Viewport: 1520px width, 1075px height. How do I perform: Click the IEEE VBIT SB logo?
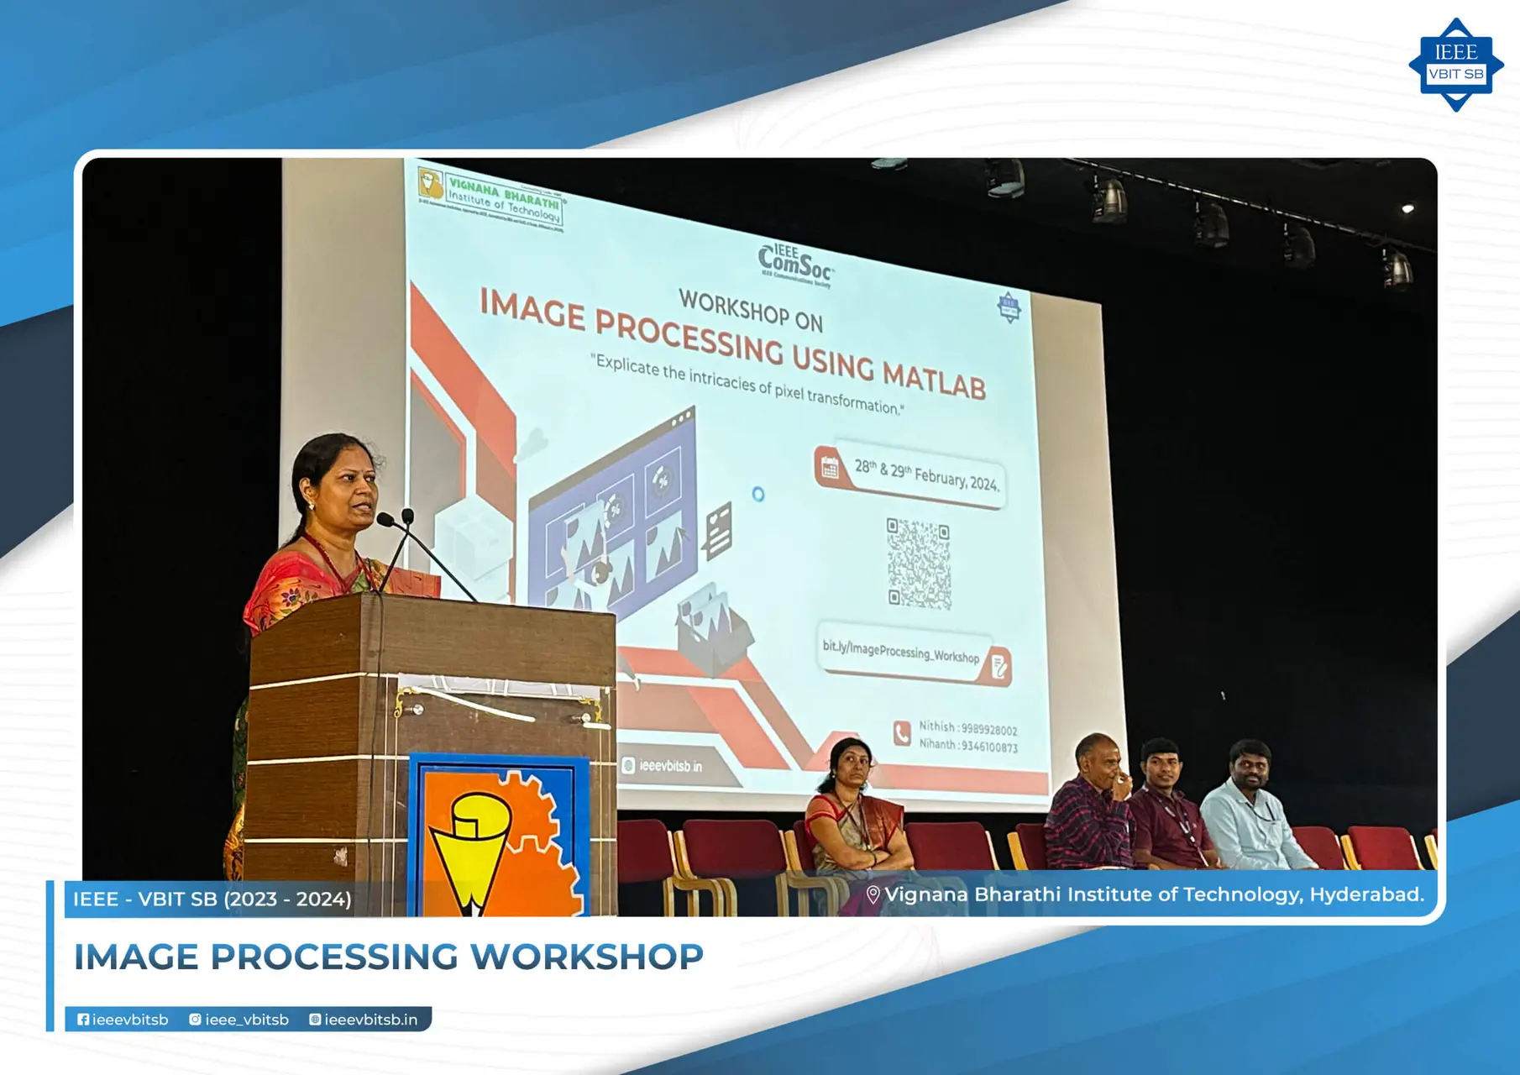pos(1455,65)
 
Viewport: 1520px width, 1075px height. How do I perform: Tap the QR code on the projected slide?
pos(919,563)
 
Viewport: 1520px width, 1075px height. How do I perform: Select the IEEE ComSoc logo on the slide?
pos(794,265)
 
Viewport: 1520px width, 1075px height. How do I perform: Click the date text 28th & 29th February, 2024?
pos(925,476)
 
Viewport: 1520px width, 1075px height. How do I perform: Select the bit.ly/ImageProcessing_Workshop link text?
pos(900,652)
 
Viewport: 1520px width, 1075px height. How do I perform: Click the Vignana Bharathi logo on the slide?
pos(490,199)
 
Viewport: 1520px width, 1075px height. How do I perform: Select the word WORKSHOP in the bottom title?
pos(586,957)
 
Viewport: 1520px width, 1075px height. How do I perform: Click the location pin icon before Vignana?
pos(873,895)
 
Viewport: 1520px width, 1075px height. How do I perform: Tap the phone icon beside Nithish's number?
pos(901,733)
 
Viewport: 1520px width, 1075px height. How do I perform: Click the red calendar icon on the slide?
pos(830,468)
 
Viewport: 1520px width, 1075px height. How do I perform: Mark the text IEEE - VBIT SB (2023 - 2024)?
pos(212,899)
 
